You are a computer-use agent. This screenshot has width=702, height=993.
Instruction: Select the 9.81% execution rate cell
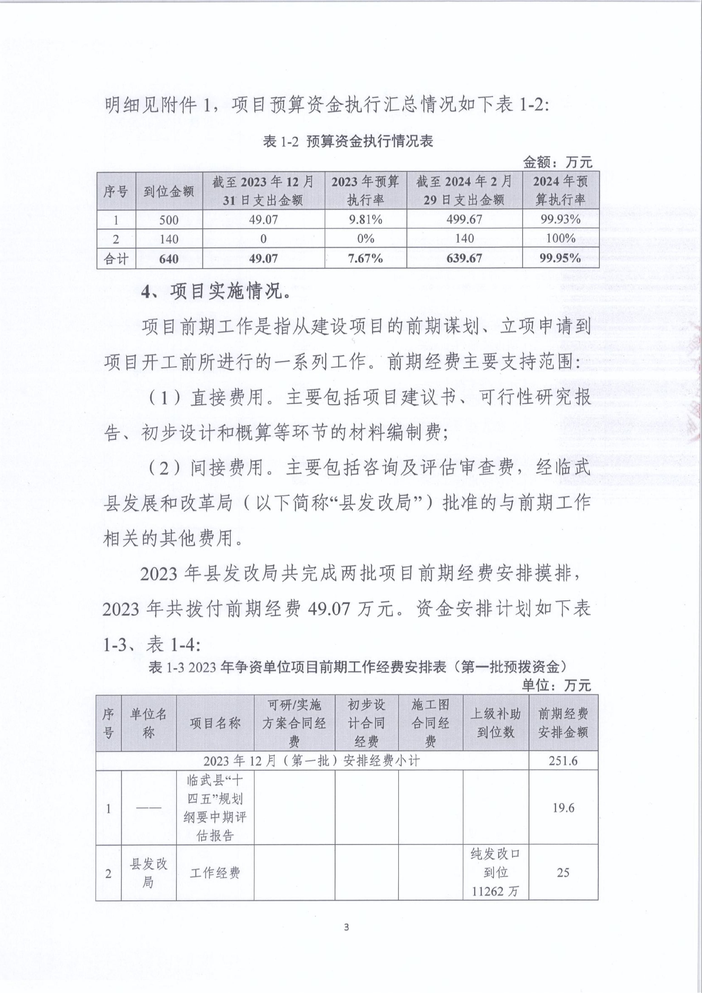(365, 219)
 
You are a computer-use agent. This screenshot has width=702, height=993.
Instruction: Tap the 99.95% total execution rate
(561, 258)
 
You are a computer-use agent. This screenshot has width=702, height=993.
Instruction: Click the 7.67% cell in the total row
(365, 258)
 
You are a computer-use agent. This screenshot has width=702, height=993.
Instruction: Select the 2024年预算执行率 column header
(561, 191)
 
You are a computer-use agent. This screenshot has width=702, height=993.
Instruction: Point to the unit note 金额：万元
(557, 162)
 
